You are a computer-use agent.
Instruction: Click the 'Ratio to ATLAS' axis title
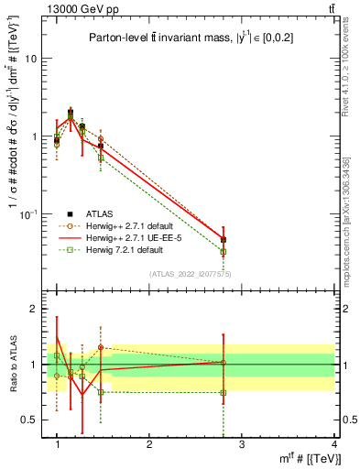coord(12,364)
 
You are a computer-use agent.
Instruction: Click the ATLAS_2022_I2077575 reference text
coord(191,274)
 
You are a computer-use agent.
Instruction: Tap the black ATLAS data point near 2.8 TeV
coord(224,240)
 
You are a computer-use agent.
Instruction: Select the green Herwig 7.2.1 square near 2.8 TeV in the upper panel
coord(224,252)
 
